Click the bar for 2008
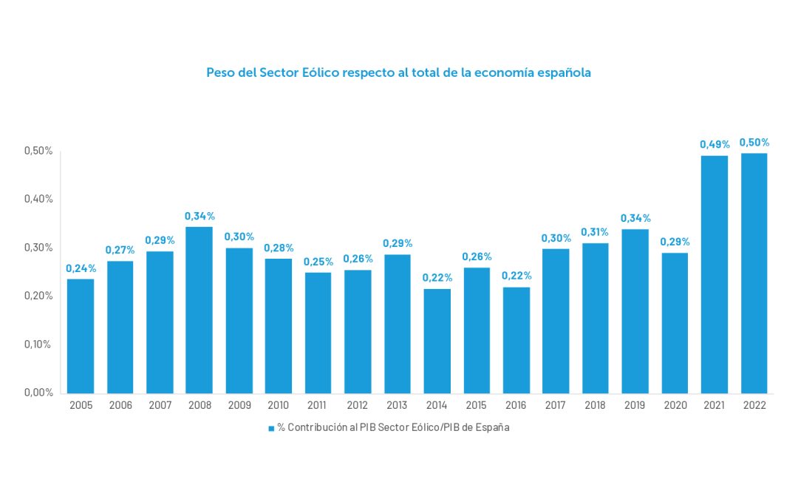coord(199,310)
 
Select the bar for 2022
coord(754,273)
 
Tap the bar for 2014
coord(437,341)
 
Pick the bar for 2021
coord(714,274)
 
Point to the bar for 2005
coord(81,336)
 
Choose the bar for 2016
coord(516,340)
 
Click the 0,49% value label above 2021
coord(715,144)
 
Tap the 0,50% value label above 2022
coord(754,142)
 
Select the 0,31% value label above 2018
coord(595,232)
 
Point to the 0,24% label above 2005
coord(81,268)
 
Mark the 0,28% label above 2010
coord(279,248)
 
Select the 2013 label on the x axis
coord(397,405)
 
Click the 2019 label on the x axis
coord(635,405)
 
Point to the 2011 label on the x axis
coord(318,405)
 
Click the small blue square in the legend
coord(271,428)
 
